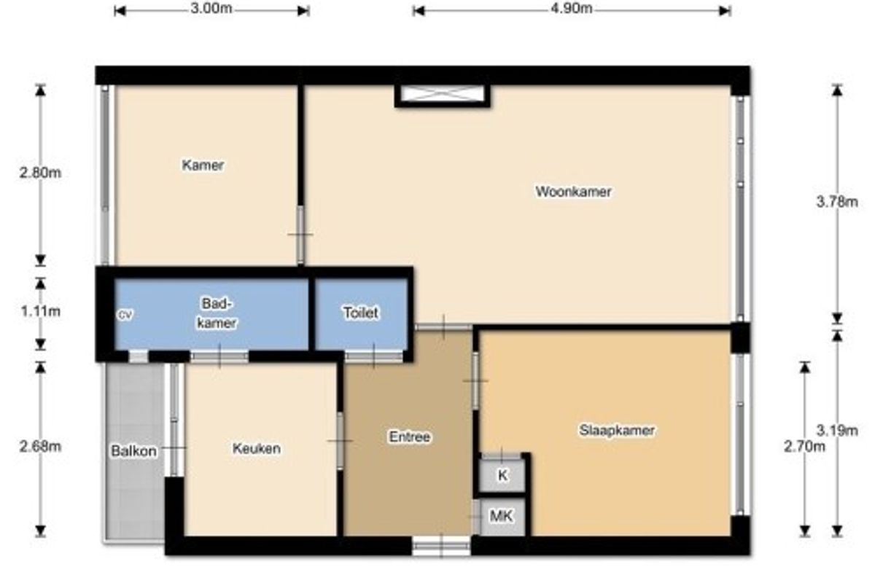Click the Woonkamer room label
point(573,192)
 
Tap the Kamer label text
point(203,165)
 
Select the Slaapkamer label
point(616,430)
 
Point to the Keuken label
point(256,448)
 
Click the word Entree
point(409,437)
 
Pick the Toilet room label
point(360,313)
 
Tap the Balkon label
point(133,451)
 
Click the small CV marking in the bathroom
point(125,315)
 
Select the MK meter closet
point(502,517)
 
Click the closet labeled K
point(502,475)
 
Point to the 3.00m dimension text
point(211,9)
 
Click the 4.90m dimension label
point(571,9)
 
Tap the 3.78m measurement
point(837,202)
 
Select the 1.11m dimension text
point(41,311)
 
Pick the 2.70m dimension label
point(804,446)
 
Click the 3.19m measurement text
point(837,430)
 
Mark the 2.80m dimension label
point(40,173)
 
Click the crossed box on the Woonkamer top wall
point(442,95)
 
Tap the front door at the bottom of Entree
point(441,546)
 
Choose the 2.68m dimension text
point(40,446)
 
